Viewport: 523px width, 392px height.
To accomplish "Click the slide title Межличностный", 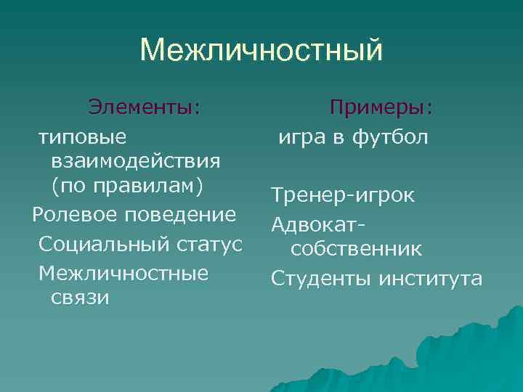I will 261,51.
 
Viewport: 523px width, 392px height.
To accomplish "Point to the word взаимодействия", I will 137,160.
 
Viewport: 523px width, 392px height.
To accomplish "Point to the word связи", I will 80,298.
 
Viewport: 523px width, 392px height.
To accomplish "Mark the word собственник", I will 356,249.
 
